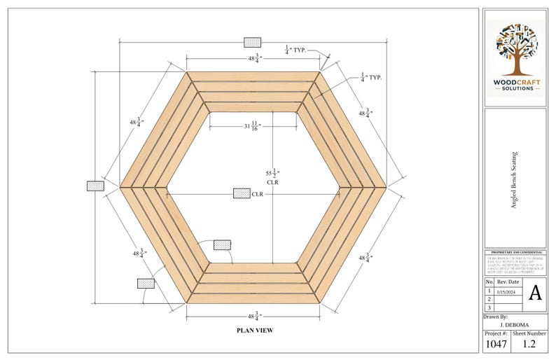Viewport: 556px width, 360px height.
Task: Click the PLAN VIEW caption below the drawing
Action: (x=254, y=330)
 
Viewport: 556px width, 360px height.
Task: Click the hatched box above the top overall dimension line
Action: (x=252, y=42)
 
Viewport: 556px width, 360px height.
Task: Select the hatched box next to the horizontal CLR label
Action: (x=242, y=193)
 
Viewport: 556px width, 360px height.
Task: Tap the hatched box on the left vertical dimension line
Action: (x=95, y=186)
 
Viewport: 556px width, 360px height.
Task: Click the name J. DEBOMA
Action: (x=514, y=324)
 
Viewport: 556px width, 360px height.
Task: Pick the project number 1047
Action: (x=497, y=343)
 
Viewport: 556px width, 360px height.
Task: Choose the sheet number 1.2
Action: (x=529, y=343)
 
